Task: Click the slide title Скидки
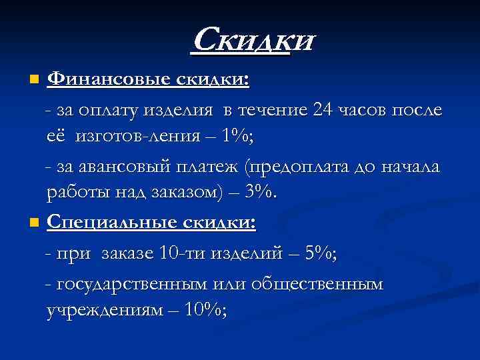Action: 252,41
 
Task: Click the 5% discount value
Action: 321,253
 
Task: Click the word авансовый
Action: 113,165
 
